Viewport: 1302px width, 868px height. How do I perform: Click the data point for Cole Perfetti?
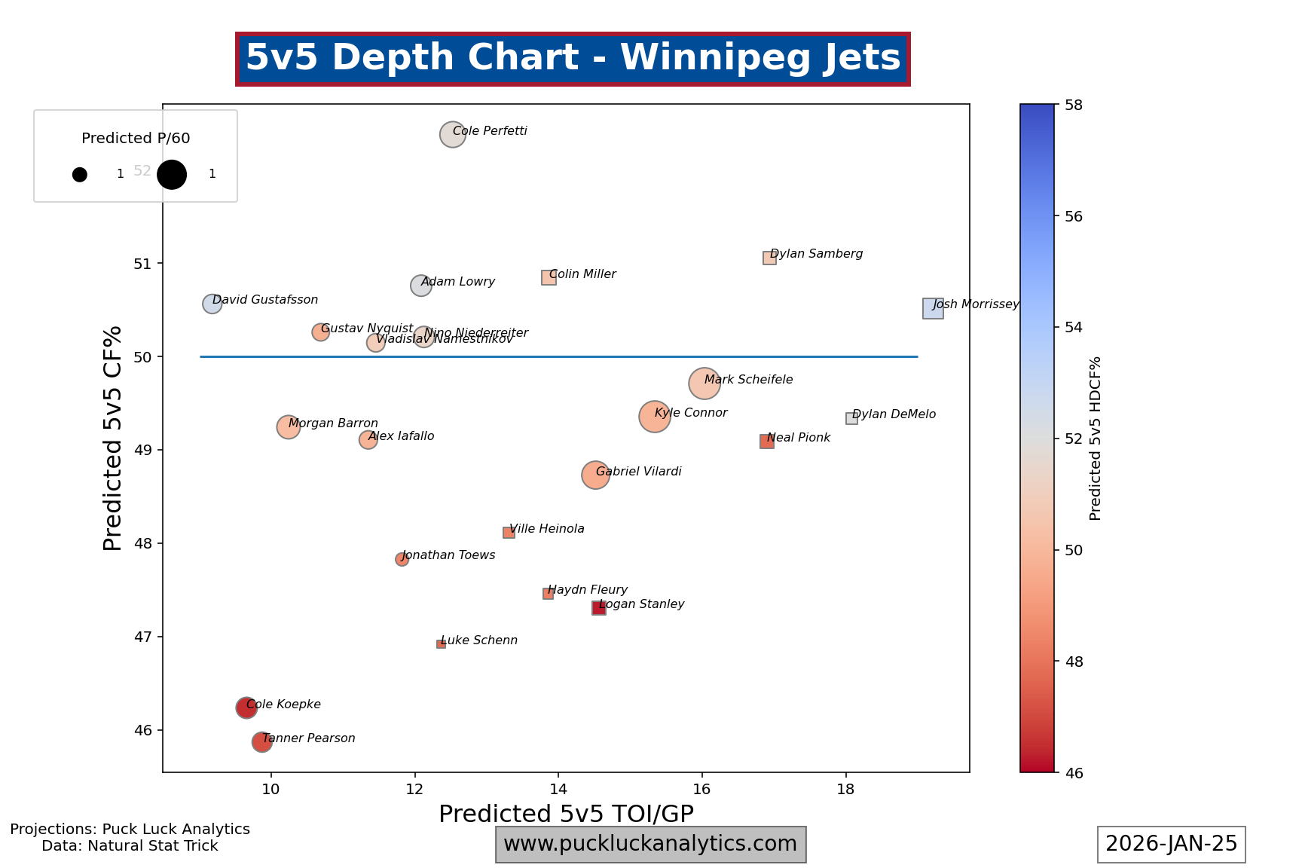pyautogui.click(x=452, y=134)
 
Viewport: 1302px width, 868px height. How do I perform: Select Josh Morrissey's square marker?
pyautogui.click(x=933, y=308)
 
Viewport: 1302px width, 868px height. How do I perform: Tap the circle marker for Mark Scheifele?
pyautogui.click(x=704, y=384)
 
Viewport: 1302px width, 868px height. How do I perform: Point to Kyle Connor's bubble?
pyautogui.click(x=654, y=417)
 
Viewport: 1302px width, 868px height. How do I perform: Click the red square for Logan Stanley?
pyautogui.click(x=599, y=608)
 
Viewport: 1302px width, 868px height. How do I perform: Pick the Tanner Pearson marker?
pyautogui.click(x=261, y=742)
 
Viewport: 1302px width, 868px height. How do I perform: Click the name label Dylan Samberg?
pyautogui.click(x=816, y=254)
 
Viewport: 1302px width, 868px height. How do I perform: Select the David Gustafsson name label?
pyautogui.click(x=265, y=300)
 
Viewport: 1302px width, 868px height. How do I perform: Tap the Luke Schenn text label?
pyautogui.click(x=479, y=640)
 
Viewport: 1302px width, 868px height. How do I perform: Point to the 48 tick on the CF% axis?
pyautogui.click(x=143, y=543)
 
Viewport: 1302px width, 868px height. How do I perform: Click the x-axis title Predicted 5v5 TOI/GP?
pyautogui.click(x=566, y=814)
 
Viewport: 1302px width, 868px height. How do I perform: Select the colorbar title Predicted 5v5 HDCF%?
pyautogui.click(x=1096, y=439)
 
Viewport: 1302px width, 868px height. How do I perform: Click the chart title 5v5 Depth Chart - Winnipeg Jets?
pyautogui.click(x=573, y=58)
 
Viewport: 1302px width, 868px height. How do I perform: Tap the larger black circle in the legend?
pyautogui.click(x=172, y=175)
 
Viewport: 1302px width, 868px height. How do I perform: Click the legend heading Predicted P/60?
pyautogui.click(x=136, y=138)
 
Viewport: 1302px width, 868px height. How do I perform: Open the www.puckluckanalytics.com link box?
pyautogui.click(x=650, y=844)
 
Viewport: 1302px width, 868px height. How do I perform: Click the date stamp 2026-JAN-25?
pyautogui.click(x=1171, y=844)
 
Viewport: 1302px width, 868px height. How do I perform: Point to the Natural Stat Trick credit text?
pyautogui.click(x=130, y=846)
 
